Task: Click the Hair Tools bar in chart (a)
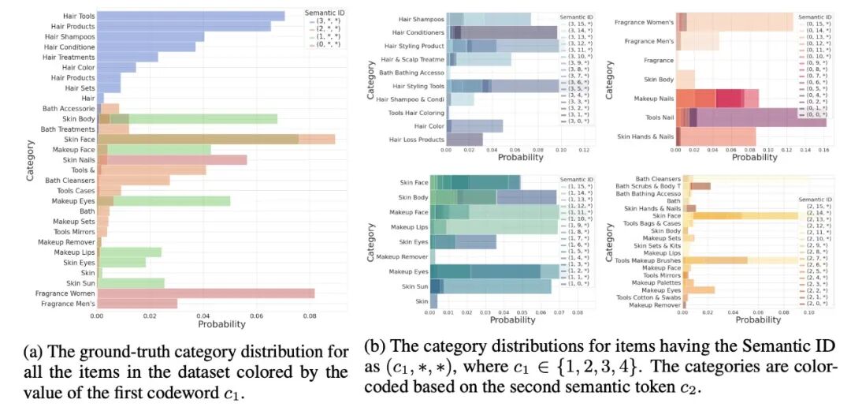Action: click(x=189, y=16)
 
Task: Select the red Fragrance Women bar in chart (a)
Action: click(x=205, y=293)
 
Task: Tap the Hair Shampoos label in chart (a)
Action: click(x=69, y=36)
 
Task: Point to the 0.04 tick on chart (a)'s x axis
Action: click(x=203, y=316)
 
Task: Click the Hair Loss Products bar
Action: click(x=464, y=140)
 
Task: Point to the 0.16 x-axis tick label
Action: click(x=825, y=148)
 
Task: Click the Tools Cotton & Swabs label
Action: click(x=648, y=297)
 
